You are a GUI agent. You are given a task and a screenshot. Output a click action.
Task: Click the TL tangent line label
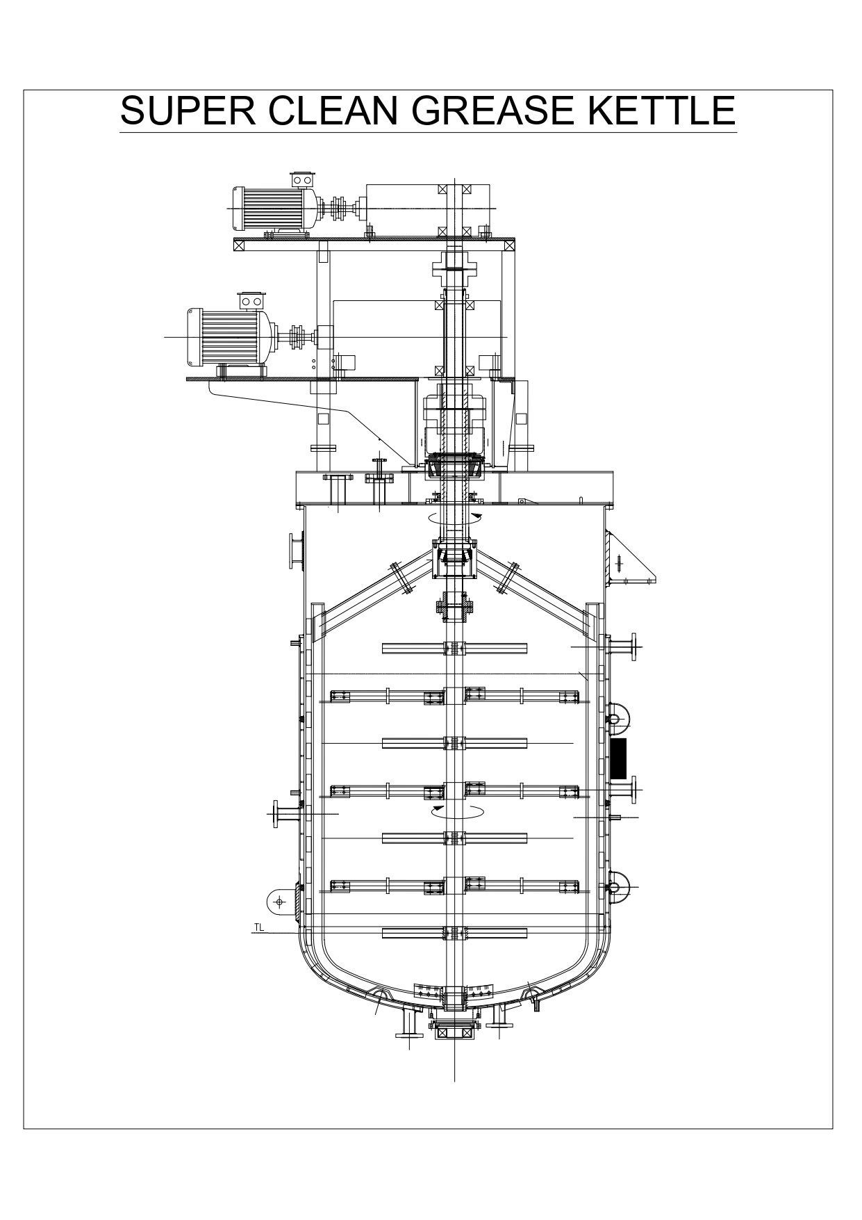258,927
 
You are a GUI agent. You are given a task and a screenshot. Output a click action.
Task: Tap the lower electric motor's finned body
229,336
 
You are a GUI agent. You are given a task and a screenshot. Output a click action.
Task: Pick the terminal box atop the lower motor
251,301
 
